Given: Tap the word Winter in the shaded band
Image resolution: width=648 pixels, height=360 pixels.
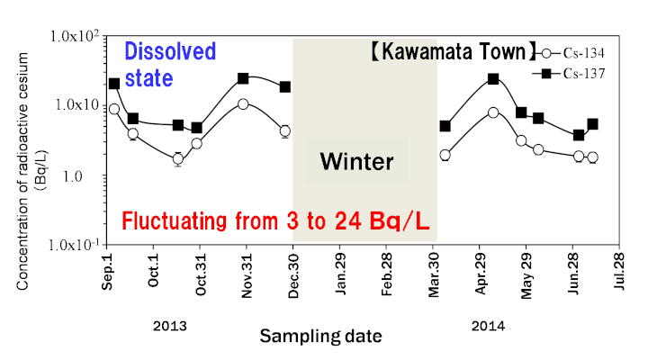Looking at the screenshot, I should pyautogui.click(x=357, y=162).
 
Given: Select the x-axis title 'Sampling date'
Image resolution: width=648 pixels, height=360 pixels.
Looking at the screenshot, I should pyautogui.click(x=320, y=336).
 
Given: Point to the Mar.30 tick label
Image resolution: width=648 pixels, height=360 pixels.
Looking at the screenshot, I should pyautogui.click(x=435, y=273).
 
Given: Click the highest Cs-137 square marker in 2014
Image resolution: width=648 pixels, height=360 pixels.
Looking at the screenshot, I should pyautogui.click(x=493, y=79).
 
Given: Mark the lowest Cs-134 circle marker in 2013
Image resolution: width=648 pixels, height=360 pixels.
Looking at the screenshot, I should pyautogui.click(x=178, y=159).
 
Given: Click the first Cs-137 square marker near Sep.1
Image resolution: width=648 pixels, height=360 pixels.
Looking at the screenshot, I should pyautogui.click(x=114, y=84).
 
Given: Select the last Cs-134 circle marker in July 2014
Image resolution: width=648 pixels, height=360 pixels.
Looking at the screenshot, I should pyautogui.click(x=592, y=157).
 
